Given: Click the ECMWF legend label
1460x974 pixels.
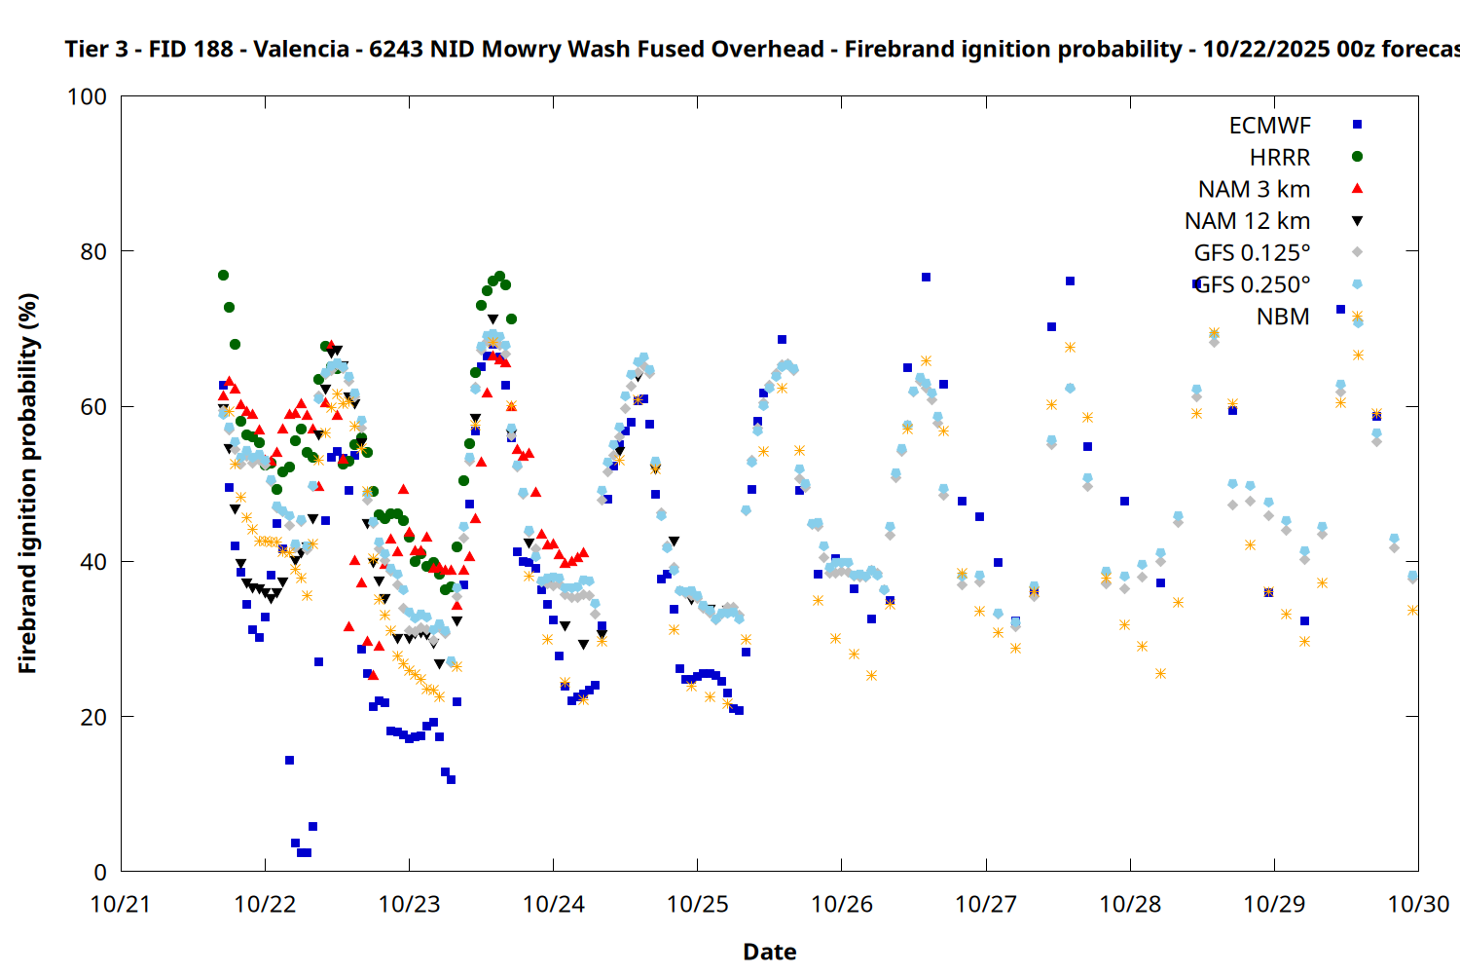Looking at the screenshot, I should [1269, 126].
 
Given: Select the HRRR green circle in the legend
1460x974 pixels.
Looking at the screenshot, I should [1357, 157].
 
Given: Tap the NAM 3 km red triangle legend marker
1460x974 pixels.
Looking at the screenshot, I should [1357, 189].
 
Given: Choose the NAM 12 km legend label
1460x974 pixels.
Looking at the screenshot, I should [1247, 221].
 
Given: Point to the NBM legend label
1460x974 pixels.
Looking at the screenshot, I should [1283, 317].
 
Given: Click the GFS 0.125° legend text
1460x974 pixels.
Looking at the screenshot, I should [1252, 253].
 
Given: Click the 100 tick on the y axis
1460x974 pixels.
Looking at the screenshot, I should [87, 96].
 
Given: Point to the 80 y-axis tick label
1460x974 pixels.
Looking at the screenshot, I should [92, 251].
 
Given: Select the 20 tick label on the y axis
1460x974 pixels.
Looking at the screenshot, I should [92, 717].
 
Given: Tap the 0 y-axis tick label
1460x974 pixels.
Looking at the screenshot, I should [100, 873].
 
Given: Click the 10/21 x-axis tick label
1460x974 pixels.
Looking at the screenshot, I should [121, 904].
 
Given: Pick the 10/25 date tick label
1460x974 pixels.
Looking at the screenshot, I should [697, 904].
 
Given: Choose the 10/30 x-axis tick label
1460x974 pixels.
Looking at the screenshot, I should [1418, 904].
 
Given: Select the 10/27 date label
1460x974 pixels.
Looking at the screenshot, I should [986, 904].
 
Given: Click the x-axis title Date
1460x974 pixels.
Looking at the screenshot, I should [769, 952].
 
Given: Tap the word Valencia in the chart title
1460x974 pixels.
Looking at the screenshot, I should [301, 49].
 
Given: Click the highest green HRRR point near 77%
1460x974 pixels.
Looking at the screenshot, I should [223, 276].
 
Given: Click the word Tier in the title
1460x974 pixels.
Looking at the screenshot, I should [86, 49].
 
